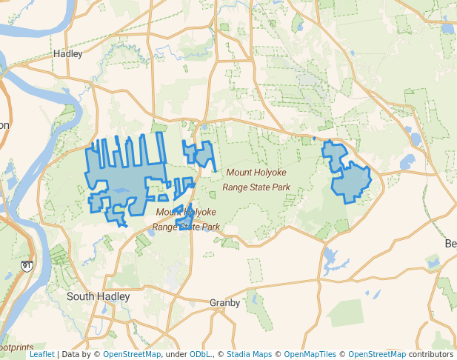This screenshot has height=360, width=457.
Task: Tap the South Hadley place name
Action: point(98,296)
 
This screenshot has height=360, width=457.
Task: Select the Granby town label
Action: point(224,303)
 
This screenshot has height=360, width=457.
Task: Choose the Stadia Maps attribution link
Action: point(248,354)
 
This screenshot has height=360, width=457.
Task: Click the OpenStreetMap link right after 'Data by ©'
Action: point(131,354)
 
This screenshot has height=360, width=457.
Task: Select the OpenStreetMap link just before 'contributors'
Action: point(376,354)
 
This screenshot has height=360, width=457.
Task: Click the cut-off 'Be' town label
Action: point(450,244)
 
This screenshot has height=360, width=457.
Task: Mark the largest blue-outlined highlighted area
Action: point(126,178)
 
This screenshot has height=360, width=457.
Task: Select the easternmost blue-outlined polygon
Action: point(348,174)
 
